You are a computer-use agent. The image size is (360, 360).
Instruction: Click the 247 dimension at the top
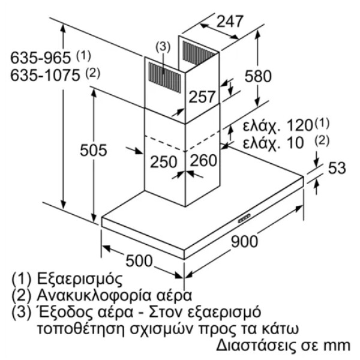[229, 22]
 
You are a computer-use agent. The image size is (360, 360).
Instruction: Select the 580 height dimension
[258, 76]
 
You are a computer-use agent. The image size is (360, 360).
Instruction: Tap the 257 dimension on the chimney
[202, 97]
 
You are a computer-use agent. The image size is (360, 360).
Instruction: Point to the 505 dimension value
[94, 150]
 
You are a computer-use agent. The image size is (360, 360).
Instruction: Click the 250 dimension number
[163, 161]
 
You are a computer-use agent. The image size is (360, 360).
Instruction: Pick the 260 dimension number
[203, 160]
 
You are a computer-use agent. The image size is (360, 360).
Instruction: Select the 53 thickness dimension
[337, 168]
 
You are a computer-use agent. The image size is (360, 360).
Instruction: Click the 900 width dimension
[244, 241]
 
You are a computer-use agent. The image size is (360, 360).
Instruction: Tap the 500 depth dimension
[139, 261]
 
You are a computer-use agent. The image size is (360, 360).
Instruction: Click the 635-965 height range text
[40, 58]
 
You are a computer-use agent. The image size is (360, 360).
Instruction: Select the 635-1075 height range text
[45, 75]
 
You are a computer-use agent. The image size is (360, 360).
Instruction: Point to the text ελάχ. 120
[278, 125]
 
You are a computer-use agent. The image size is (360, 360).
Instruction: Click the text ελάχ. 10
[273, 143]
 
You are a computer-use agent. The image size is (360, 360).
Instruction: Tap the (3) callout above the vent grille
[163, 47]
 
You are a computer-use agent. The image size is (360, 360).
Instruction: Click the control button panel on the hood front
[244, 218]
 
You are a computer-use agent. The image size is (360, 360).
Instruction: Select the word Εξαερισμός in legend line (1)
[79, 279]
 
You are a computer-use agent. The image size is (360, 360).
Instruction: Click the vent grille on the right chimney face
[199, 53]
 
